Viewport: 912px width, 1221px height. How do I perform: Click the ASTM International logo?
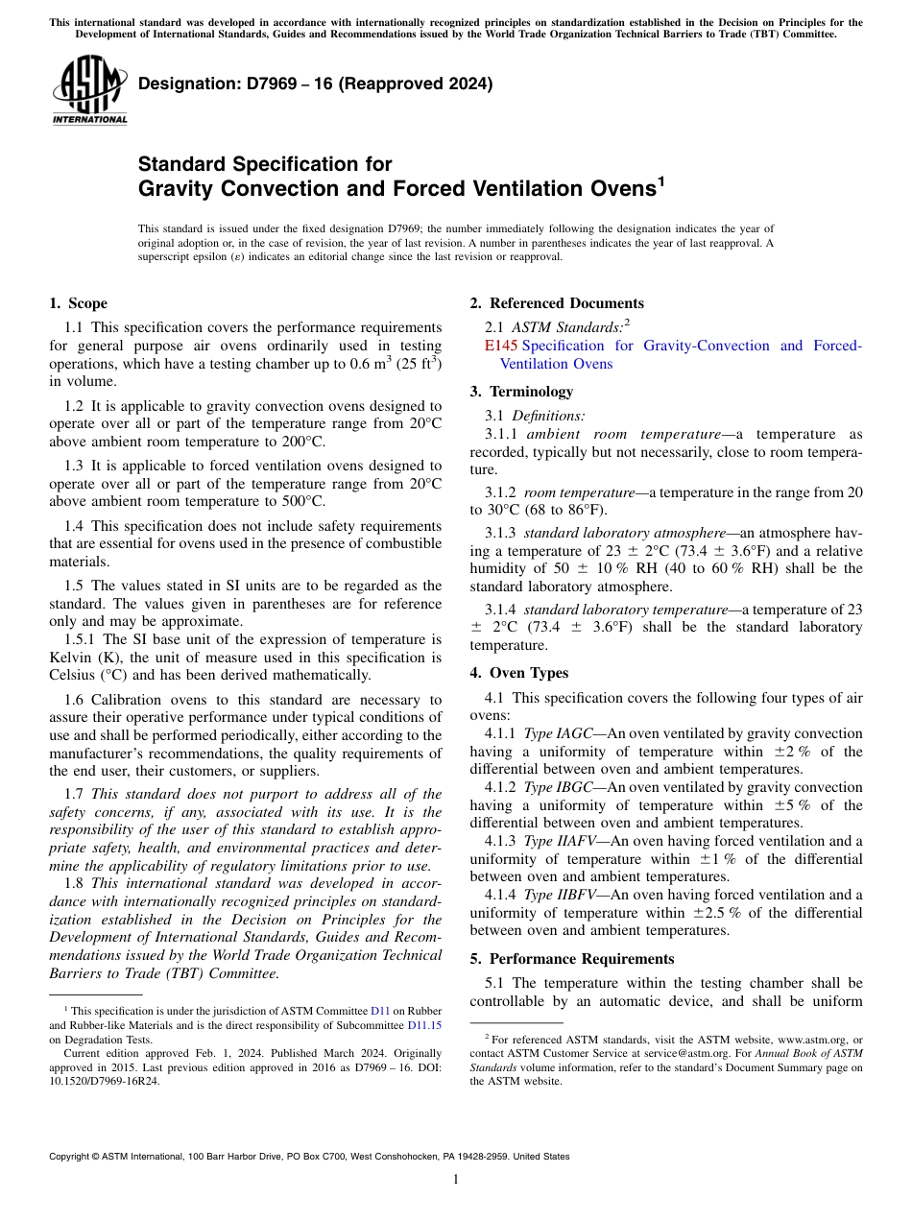pos(88,91)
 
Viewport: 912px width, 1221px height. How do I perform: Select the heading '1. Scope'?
pos(78,303)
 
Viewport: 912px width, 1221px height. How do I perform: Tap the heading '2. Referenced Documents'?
pos(557,303)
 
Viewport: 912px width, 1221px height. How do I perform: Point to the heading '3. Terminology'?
pos(521,392)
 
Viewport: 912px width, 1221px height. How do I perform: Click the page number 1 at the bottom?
pos(456,1179)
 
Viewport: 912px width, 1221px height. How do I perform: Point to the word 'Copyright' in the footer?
pos(73,1157)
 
